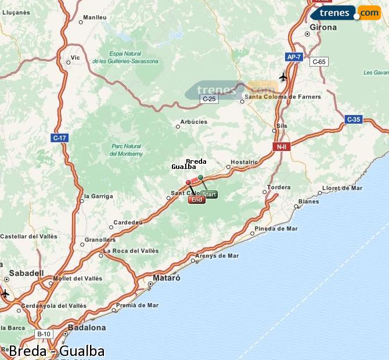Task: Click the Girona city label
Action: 323,27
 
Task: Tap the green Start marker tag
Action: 210,195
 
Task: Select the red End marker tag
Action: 196,200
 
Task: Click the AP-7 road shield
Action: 294,57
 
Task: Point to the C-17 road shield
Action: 59,138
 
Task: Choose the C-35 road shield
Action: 353,120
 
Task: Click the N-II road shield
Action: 281,147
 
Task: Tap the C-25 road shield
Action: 209,99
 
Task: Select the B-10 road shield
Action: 44,334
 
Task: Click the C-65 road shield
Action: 319,62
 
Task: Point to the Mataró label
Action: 167,278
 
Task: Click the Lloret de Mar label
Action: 342,188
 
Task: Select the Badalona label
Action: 87,327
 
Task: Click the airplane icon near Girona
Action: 283,77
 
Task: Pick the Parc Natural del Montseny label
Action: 126,150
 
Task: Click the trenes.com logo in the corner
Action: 345,12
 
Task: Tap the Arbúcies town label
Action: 193,122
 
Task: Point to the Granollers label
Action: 100,239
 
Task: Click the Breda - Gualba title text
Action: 57,351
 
